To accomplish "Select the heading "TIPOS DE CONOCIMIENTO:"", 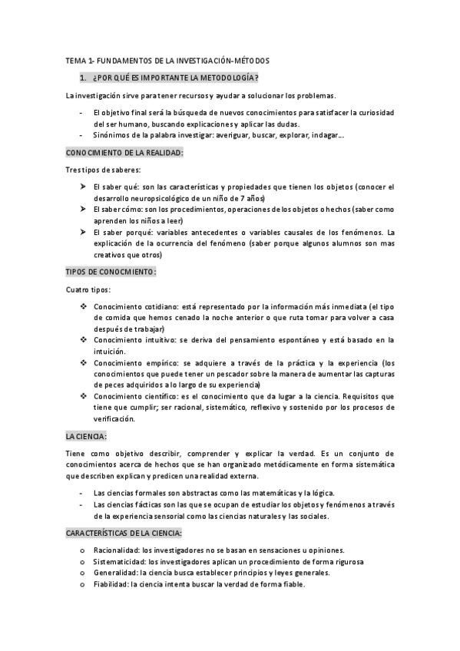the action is (x=111, y=272).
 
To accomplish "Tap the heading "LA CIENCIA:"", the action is (x=87, y=436).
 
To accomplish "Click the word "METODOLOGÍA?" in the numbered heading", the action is (x=228, y=78).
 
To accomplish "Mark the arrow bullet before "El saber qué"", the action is (x=83, y=186).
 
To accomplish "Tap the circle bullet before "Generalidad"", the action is (x=82, y=573).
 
